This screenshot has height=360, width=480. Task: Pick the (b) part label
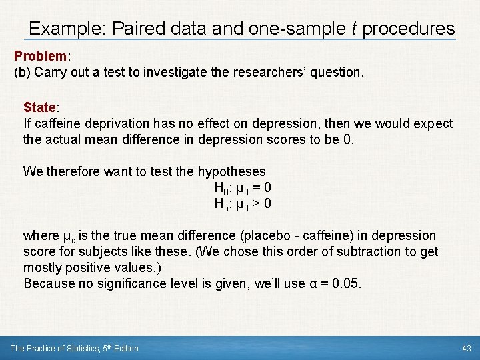(x=22, y=73)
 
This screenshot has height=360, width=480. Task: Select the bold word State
(x=41, y=107)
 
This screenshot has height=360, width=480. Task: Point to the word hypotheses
(x=231, y=171)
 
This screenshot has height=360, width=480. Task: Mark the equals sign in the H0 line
(x=256, y=188)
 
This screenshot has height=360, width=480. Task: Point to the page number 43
(x=466, y=349)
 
